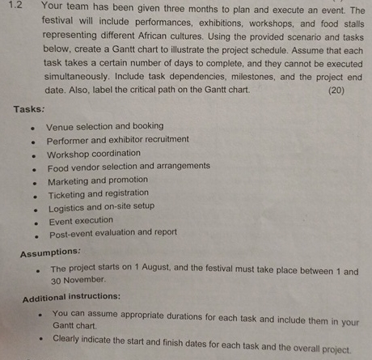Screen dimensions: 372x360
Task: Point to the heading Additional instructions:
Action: click(x=72, y=297)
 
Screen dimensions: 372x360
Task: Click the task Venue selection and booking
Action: click(x=104, y=126)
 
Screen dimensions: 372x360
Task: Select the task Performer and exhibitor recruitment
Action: click(x=118, y=140)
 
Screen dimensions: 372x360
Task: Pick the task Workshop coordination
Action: click(x=93, y=154)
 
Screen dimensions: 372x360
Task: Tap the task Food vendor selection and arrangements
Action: click(x=129, y=167)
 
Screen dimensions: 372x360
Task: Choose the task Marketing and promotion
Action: click(x=98, y=180)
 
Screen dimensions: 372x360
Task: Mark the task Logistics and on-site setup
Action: click(x=101, y=207)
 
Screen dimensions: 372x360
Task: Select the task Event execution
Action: click(x=81, y=221)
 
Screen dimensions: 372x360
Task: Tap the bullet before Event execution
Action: click(x=33, y=222)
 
